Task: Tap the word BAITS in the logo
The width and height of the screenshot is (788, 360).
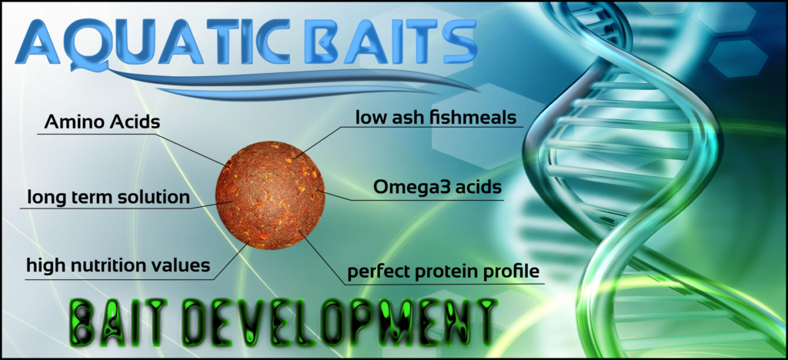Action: (387, 42)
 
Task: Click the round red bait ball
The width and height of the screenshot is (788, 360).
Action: (270, 195)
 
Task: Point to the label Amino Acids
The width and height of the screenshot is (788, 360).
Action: (102, 122)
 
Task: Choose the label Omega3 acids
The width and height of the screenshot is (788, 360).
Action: (437, 187)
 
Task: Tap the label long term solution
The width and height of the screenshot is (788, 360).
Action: (108, 197)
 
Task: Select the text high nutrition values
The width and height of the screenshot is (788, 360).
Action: (118, 265)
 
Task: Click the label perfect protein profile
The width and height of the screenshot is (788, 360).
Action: (444, 272)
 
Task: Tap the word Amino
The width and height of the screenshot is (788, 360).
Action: (74, 122)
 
